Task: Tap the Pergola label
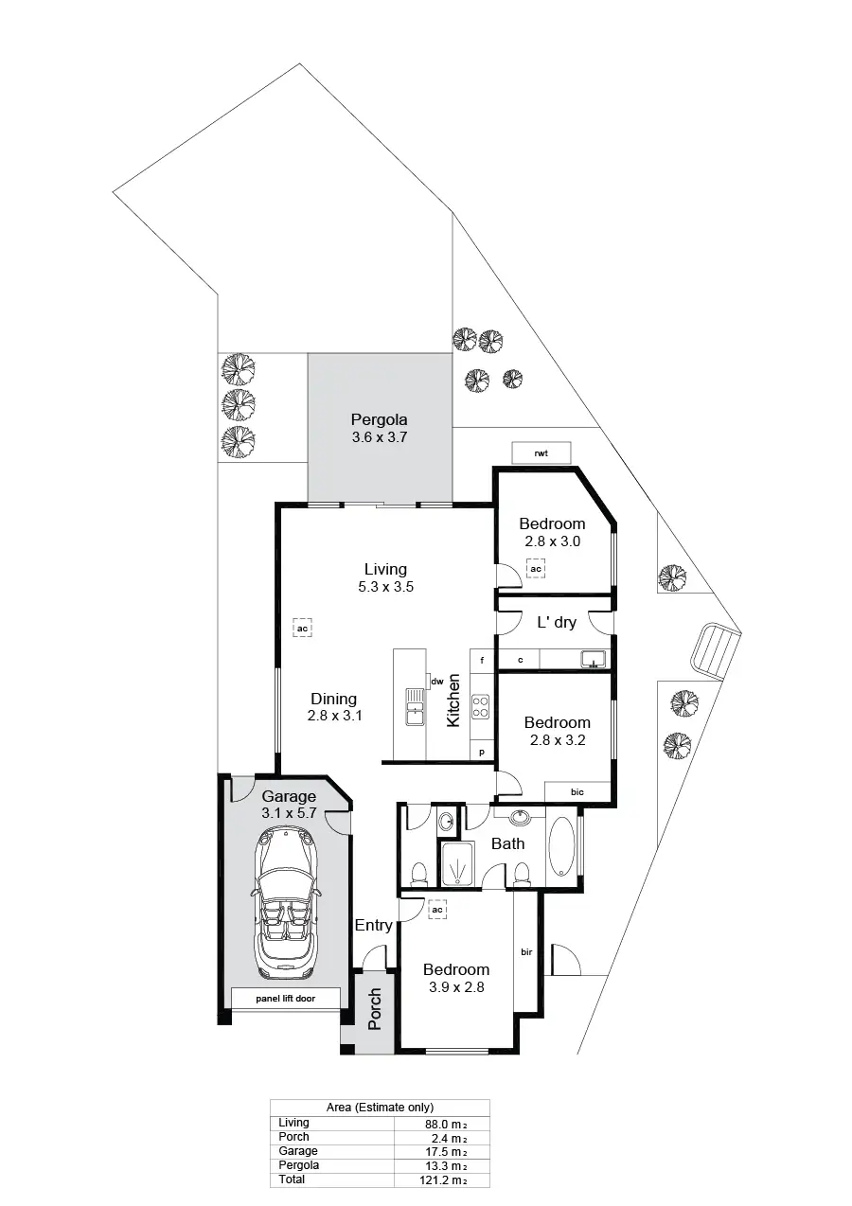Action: pos(379,419)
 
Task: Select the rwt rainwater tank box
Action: pos(541,453)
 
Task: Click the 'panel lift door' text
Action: pos(285,998)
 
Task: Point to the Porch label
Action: pos(375,1009)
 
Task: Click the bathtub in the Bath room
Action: pos(560,845)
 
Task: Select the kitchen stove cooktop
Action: pos(481,706)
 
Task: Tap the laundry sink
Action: pos(594,659)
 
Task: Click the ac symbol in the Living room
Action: pos(303,629)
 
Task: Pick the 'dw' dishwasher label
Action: pos(437,682)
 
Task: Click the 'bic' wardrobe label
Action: pos(577,792)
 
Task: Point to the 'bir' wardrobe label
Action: pos(526,951)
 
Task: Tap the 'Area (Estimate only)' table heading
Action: pos(379,1107)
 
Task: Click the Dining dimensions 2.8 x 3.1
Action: pos(335,717)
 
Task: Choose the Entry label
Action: pos(373,925)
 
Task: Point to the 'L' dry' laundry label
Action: pos(557,623)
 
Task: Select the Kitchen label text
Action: pos(453,701)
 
